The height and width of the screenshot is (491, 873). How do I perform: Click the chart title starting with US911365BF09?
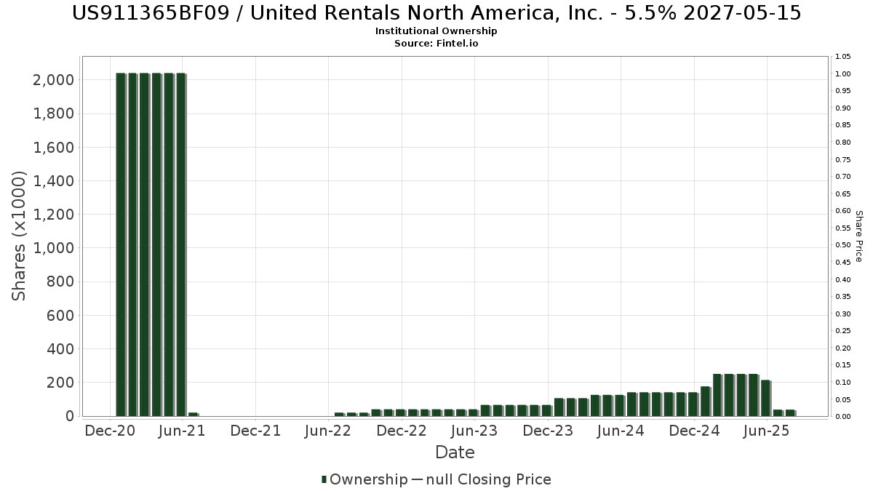[436, 13]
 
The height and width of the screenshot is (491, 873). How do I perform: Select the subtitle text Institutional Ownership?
[436, 31]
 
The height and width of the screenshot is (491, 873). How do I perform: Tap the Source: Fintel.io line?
[436, 44]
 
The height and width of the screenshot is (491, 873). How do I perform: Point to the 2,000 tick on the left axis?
[54, 79]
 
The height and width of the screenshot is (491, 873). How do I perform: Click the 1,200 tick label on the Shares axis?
[54, 215]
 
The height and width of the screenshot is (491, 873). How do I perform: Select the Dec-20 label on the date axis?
[110, 431]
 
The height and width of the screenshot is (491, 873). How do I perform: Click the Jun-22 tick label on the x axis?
[329, 431]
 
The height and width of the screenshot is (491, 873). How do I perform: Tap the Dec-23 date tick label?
[549, 431]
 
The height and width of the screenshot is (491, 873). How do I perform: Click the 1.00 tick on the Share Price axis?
[843, 73]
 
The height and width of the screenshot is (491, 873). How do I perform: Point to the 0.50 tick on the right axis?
[843, 245]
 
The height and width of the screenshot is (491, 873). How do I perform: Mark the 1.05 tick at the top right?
[843, 57]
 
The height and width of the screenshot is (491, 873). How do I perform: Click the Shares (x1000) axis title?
[20, 236]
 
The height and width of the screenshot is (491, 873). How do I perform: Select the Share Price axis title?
[858, 236]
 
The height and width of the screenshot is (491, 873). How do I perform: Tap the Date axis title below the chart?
[455, 452]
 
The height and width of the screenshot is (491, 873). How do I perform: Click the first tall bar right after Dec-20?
[121, 244]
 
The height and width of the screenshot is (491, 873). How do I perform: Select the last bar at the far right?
[789, 412]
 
